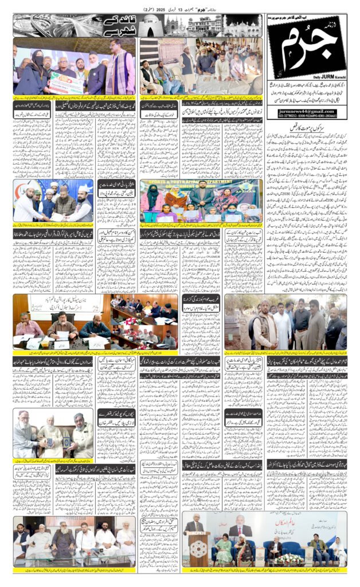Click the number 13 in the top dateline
pos(185,10)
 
